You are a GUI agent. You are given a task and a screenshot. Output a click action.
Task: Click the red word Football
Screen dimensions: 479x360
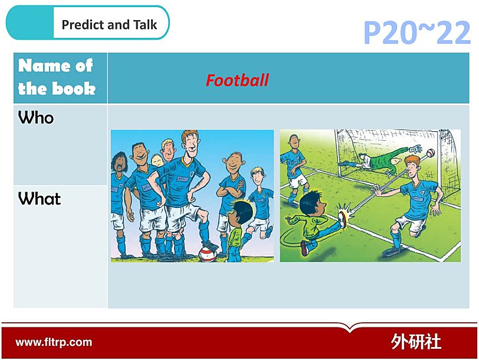(237, 80)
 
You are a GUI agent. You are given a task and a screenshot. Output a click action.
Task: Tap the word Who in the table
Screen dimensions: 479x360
(36, 118)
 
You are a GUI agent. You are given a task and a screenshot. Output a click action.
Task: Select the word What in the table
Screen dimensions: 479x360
(40, 199)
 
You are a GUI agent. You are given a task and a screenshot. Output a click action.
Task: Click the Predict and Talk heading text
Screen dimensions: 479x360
(109, 24)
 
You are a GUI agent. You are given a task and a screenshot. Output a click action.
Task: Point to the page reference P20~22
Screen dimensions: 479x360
(416, 33)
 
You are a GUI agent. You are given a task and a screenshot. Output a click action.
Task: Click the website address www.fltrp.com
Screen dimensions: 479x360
(54, 342)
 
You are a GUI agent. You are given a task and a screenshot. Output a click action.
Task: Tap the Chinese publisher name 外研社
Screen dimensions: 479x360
(416, 341)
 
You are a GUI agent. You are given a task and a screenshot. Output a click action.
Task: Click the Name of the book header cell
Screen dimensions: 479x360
(60, 78)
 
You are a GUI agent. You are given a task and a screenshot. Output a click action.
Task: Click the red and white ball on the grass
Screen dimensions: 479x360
(208, 254)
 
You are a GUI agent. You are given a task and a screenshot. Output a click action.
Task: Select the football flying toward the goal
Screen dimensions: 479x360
(430, 153)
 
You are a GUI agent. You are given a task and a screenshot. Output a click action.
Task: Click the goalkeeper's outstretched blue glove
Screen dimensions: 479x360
(415, 149)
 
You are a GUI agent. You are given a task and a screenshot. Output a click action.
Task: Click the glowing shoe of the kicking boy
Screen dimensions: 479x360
(343, 218)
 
